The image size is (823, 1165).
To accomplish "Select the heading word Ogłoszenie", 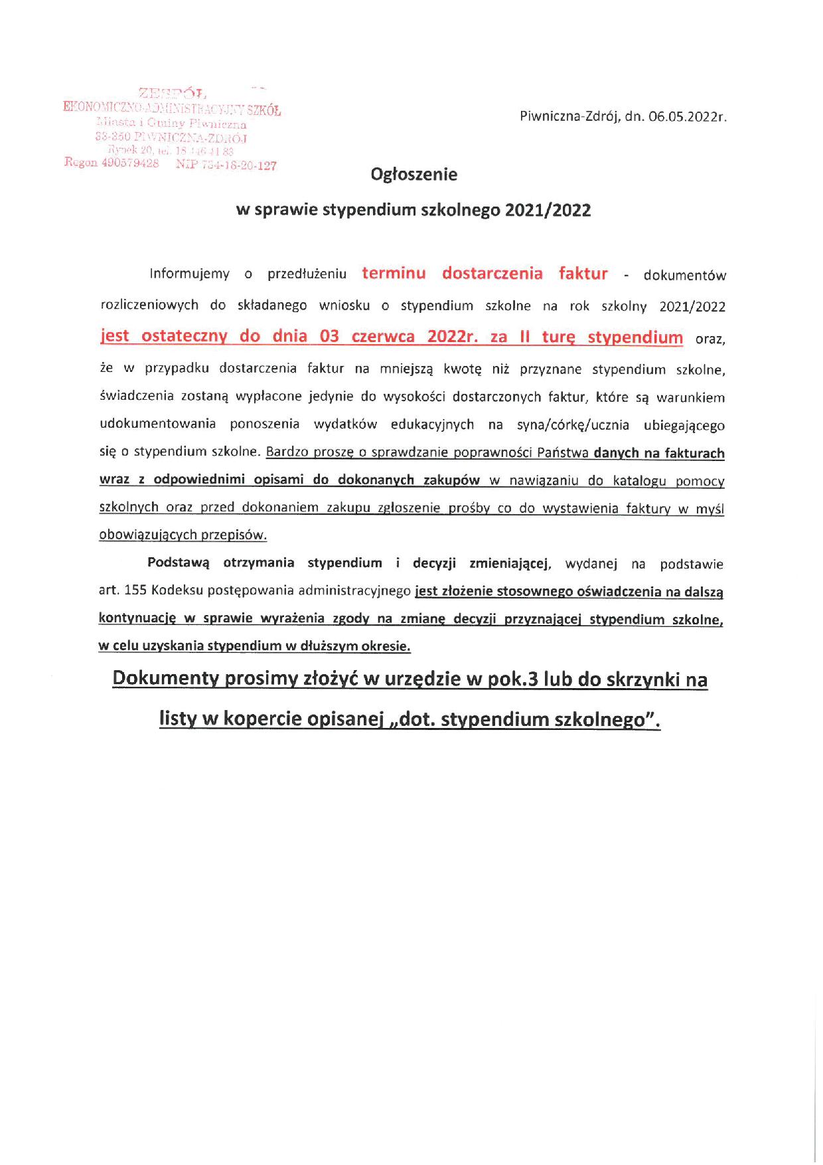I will [414, 175].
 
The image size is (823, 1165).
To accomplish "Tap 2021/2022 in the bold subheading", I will [548, 211].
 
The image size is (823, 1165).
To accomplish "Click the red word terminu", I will [394, 274].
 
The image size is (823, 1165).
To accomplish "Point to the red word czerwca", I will [383, 336].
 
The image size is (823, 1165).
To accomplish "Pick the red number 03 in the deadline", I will [329, 336].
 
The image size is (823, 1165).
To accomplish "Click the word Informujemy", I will [190, 274].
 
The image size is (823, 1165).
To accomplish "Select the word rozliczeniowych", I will [149, 306].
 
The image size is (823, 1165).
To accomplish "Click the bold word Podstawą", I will [178, 563].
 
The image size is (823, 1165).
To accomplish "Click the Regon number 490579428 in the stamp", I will [130, 163].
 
